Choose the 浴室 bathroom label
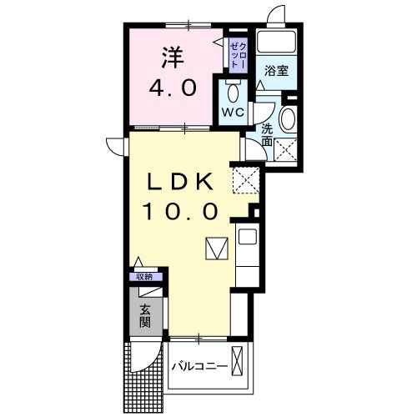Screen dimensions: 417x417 tap(278, 71)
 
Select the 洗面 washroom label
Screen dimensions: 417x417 tap(267, 135)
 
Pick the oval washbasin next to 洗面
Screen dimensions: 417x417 tap(288, 119)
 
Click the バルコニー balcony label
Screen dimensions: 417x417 tap(200, 366)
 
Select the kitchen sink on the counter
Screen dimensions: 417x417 tap(248, 237)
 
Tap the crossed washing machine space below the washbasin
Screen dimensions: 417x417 tap(286, 149)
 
